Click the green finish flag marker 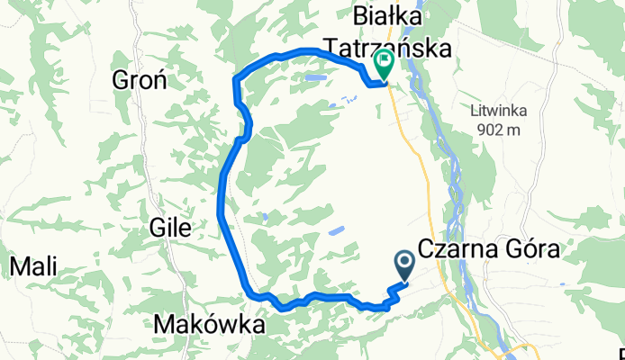385,65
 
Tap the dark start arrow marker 404,264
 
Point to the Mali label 32,266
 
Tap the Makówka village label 210,324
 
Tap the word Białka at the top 388,15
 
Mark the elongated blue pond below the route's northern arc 314,79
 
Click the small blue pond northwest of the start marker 335,231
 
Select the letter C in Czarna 425,249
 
